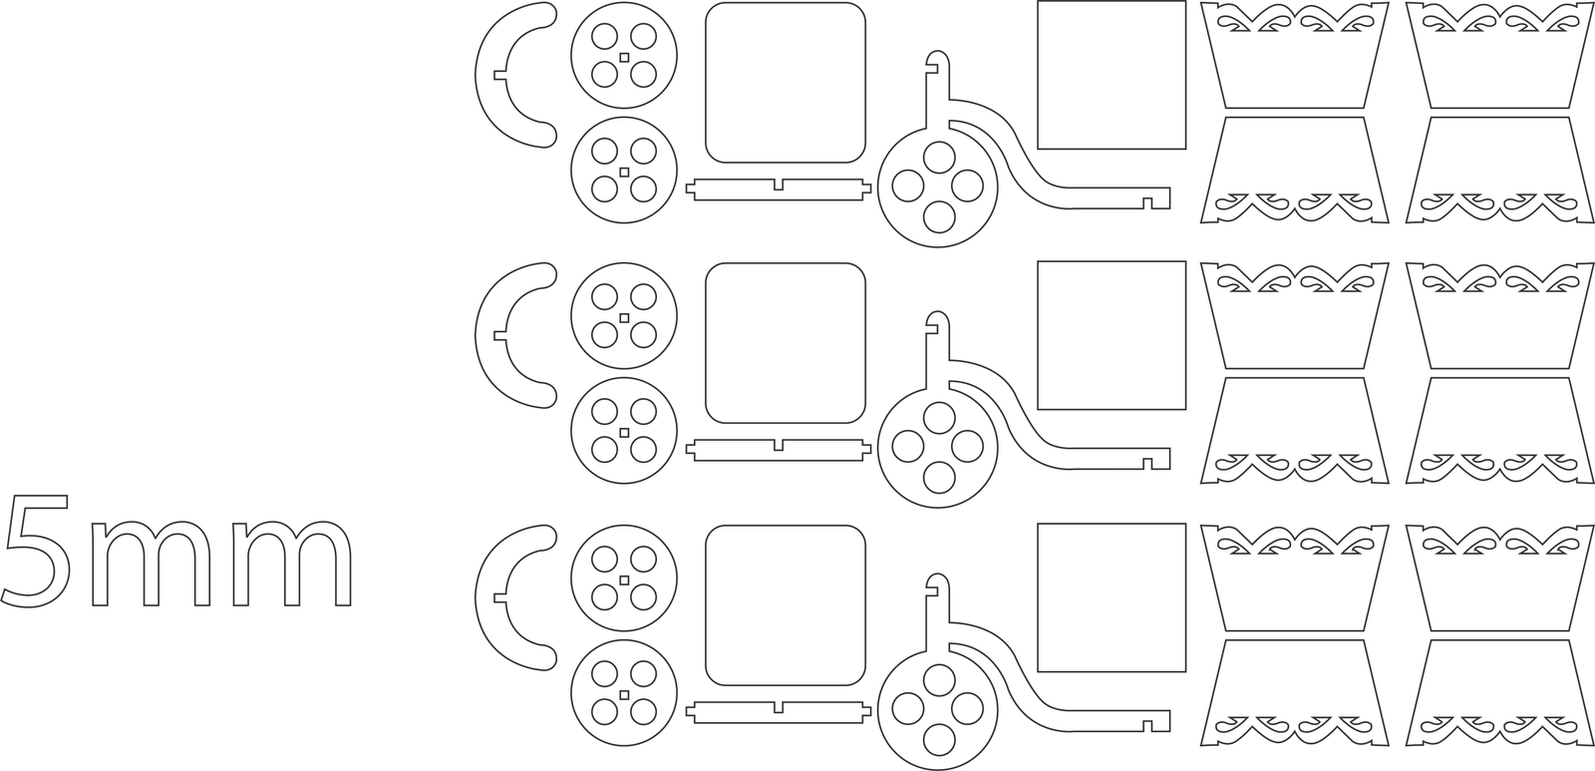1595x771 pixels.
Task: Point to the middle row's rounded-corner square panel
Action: point(786,343)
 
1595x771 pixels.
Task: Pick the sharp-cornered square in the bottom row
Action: point(1112,597)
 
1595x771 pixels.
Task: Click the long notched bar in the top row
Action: point(779,190)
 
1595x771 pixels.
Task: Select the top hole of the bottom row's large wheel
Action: point(939,680)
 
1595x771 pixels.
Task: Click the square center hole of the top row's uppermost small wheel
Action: point(624,57)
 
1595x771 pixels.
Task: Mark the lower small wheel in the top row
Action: point(624,171)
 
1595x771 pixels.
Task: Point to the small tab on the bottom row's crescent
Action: point(499,597)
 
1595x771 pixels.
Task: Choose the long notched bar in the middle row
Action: point(779,451)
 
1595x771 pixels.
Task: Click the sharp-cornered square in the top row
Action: point(1112,75)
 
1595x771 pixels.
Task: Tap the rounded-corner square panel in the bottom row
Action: point(786,605)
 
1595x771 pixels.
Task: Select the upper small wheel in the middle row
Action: point(624,316)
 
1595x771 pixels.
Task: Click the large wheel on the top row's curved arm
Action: point(938,188)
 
